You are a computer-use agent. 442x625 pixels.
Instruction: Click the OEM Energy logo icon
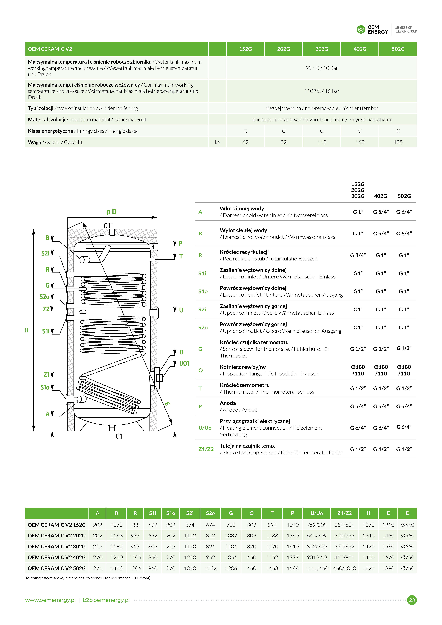pos(361,29)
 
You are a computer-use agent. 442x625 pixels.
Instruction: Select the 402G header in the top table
pos(360,49)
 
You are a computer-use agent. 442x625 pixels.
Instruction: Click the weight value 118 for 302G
pos(322,142)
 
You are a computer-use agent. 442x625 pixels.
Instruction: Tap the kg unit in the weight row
pos(217,142)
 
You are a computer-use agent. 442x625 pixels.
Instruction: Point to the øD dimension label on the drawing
pos(111,212)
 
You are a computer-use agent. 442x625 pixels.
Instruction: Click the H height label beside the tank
pos(26,330)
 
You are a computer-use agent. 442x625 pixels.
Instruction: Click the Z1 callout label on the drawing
pos(47,375)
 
